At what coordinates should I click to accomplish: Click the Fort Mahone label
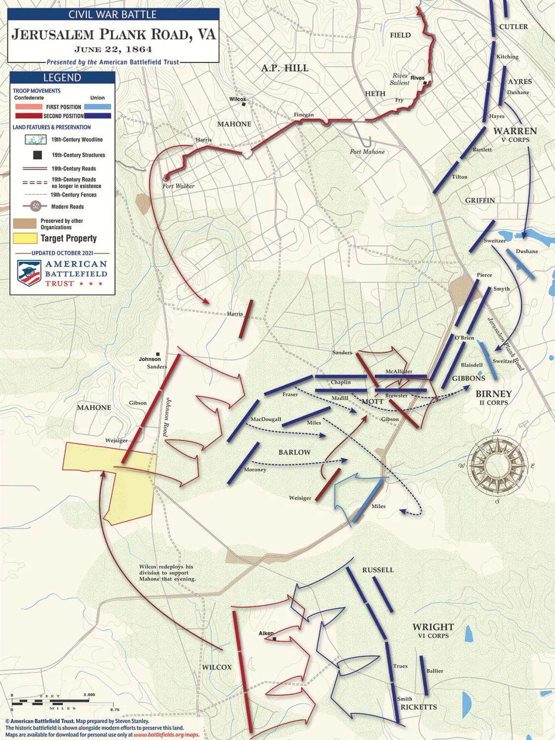point(367,152)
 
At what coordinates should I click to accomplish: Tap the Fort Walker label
point(178,186)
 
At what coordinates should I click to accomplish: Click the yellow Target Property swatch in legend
point(25,238)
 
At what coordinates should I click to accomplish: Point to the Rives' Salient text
point(400,79)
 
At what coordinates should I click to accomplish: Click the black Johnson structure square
point(158,354)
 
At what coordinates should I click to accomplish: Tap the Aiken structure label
point(266,633)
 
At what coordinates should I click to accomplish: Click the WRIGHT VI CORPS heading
point(433,630)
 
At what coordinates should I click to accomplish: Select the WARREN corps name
point(515,131)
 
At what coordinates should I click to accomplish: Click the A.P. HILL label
point(284,68)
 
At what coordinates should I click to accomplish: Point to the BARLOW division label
point(294,452)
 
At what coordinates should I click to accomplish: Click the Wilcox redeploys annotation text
point(167,573)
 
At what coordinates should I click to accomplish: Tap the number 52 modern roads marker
point(36,206)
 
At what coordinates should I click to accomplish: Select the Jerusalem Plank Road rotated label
point(505,344)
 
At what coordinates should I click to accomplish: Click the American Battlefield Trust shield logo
point(29,273)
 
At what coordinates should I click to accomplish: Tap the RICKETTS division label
point(418,707)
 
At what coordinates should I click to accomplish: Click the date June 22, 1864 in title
point(113,49)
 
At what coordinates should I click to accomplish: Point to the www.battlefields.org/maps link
point(166,735)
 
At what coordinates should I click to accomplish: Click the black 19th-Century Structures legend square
point(37,155)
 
